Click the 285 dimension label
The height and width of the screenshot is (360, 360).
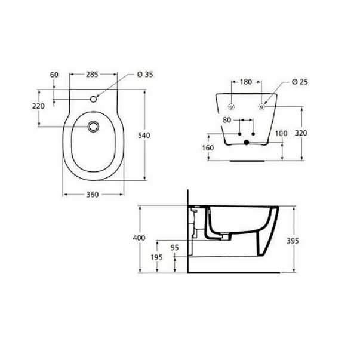(x=91, y=75)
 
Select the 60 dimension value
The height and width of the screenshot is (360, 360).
(x=55, y=75)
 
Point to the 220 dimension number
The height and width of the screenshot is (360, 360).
(x=38, y=106)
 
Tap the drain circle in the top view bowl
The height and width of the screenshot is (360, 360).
(x=93, y=127)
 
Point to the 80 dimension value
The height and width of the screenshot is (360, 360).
(x=227, y=120)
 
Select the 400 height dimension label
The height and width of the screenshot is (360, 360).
(x=139, y=238)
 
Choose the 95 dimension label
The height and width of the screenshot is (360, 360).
(x=175, y=246)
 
